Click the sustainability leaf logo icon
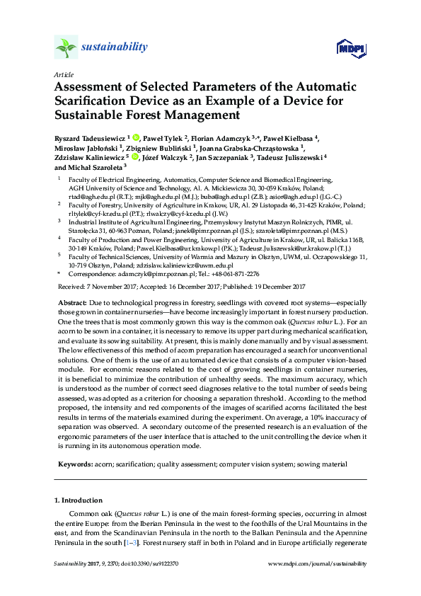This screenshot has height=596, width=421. click(x=66, y=47)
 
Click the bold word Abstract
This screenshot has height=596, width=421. click(x=72, y=302)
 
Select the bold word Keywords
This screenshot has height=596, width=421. click(x=74, y=464)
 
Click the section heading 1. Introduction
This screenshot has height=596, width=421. click(x=79, y=500)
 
